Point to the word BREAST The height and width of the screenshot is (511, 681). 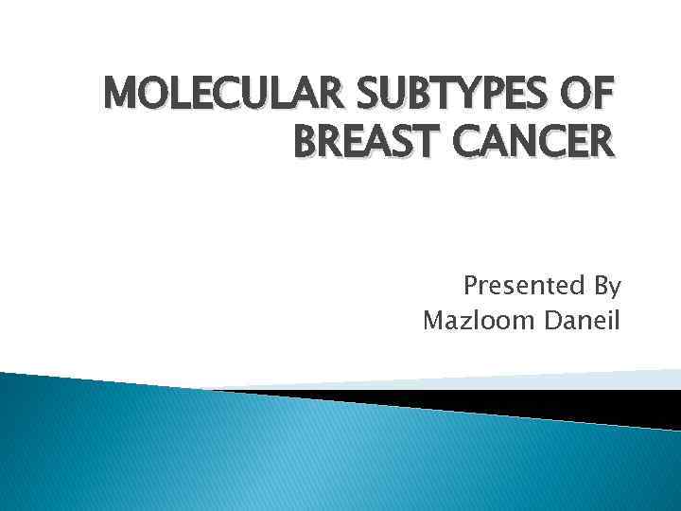click(x=370, y=143)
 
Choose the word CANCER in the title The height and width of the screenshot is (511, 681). click(x=536, y=143)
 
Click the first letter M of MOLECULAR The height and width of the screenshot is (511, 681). click(x=117, y=96)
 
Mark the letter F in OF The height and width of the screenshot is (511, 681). click(x=606, y=96)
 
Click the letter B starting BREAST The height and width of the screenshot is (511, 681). click(x=308, y=143)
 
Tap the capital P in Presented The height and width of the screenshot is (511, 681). click(x=470, y=286)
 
